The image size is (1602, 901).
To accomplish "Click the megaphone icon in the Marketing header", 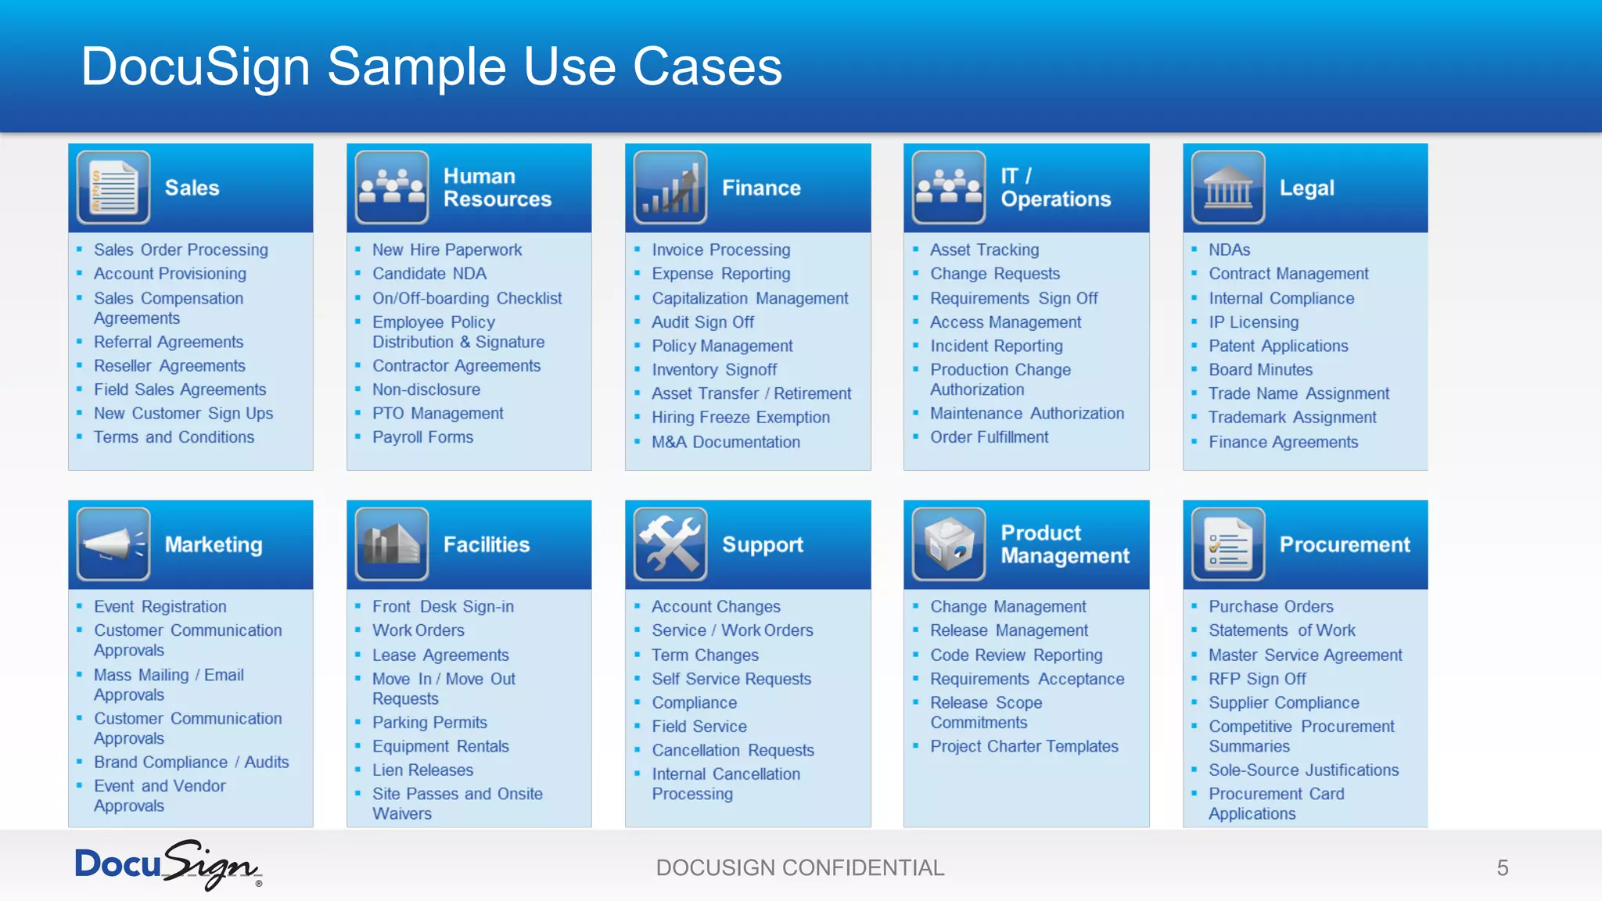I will click(113, 544).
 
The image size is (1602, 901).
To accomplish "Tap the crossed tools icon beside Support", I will click(670, 544).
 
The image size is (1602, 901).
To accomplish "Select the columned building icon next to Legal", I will click(1227, 188).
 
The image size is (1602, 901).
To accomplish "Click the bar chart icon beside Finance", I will click(670, 188).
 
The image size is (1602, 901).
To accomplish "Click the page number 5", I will click(1502, 867).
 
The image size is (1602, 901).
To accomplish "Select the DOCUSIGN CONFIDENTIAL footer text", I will click(800, 867).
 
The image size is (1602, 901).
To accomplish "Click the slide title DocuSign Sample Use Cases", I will click(431, 66).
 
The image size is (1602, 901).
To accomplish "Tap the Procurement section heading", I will click(1344, 544).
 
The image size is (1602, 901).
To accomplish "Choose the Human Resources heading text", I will click(497, 188).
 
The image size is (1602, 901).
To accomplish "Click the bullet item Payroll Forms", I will click(422, 437).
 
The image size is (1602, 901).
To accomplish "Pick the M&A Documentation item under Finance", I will click(725, 442).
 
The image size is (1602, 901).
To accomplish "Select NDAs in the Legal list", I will click(1229, 249).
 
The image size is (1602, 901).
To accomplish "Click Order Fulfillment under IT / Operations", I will click(989, 437).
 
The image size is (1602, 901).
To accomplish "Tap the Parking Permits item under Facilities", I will click(429, 723).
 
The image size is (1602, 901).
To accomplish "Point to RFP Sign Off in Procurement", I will click(1257, 679).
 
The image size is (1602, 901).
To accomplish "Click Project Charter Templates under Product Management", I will click(1024, 746).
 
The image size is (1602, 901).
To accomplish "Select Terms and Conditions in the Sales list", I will click(174, 437).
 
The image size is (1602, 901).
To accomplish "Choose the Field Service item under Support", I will click(699, 727).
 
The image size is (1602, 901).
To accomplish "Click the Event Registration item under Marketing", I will click(160, 606).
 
